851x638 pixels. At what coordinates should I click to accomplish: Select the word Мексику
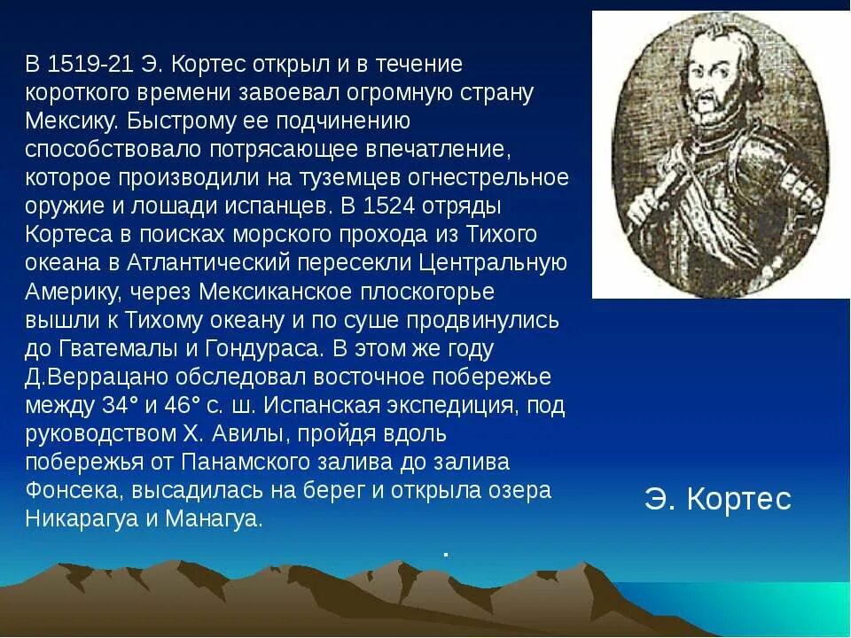67,121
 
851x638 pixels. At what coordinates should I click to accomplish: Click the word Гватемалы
109,349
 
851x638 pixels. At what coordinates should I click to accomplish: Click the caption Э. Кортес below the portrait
717,500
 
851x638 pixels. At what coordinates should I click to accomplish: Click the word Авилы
258,434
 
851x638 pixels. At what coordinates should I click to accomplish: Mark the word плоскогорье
428,292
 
